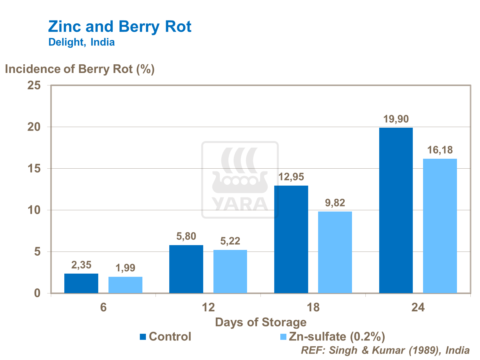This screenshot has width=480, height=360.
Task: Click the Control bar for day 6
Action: pyautogui.click(x=81, y=284)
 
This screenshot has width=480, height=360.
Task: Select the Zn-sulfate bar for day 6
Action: pyautogui.click(x=125, y=285)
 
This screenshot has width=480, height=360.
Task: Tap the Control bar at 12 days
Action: pyautogui.click(x=186, y=269)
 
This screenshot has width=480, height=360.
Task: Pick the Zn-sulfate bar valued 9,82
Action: pyautogui.click(x=335, y=252)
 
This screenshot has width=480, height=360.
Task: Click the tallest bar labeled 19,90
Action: pyautogui.click(x=396, y=211)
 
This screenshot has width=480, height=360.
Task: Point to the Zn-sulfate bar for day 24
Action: pyautogui.click(x=440, y=226)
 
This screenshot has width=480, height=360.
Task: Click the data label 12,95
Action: pyautogui.click(x=291, y=177)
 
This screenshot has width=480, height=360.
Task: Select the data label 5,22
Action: pyautogui.click(x=230, y=241)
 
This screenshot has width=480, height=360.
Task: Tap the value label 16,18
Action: pyautogui.click(x=440, y=150)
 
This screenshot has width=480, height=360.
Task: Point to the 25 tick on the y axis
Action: pyautogui.click(x=34, y=85)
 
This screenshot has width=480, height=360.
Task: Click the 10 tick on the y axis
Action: pyautogui.click(x=34, y=210)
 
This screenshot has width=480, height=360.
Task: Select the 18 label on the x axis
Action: pyautogui.click(x=313, y=308)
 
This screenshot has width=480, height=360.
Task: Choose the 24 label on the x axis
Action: pyautogui.click(x=418, y=308)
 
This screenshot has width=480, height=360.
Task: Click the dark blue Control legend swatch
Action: pyautogui.click(x=143, y=337)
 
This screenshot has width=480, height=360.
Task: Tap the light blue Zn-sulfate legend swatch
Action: pyautogui.click(x=283, y=337)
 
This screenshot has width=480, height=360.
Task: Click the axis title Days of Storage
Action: pyautogui.click(x=261, y=322)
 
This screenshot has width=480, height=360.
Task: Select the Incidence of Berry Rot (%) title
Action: pyautogui.click(x=80, y=69)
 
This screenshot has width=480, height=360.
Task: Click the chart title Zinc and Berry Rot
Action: pyautogui.click(x=120, y=27)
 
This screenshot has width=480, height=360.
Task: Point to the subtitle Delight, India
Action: pyautogui.click(x=82, y=42)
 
